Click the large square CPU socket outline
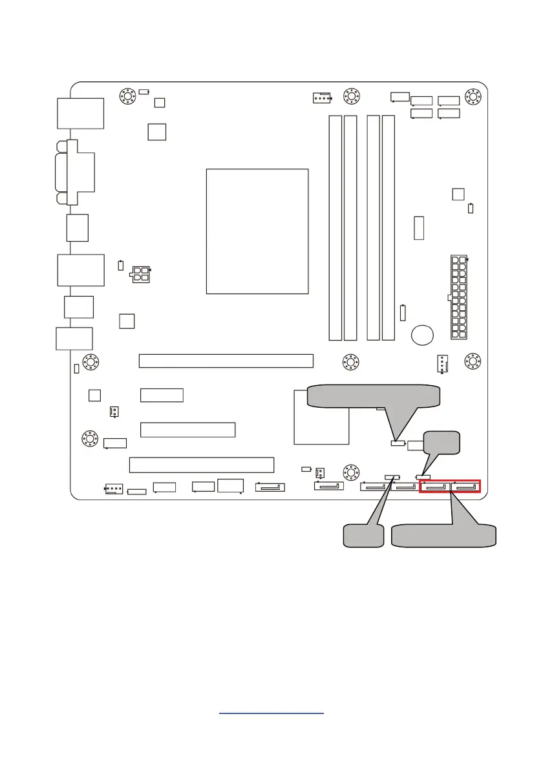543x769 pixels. click(x=257, y=231)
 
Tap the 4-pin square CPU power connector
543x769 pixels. click(x=140, y=273)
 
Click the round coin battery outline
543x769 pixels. click(x=423, y=334)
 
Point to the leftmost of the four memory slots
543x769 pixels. click(x=335, y=227)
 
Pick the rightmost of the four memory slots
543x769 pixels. click(x=388, y=227)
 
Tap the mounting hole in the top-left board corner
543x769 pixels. click(x=127, y=97)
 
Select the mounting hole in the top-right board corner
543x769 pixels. click(x=473, y=97)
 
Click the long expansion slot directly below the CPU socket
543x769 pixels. click(x=226, y=361)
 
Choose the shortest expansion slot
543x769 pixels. click(x=162, y=395)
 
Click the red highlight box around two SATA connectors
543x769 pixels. click(x=451, y=486)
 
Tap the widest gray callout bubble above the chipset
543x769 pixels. click(x=373, y=396)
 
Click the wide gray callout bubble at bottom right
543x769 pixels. click(x=445, y=536)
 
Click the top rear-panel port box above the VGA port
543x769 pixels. click(x=80, y=113)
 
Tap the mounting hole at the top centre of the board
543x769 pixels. click(x=350, y=97)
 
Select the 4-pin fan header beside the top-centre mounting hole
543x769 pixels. click(x=321, y=98)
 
